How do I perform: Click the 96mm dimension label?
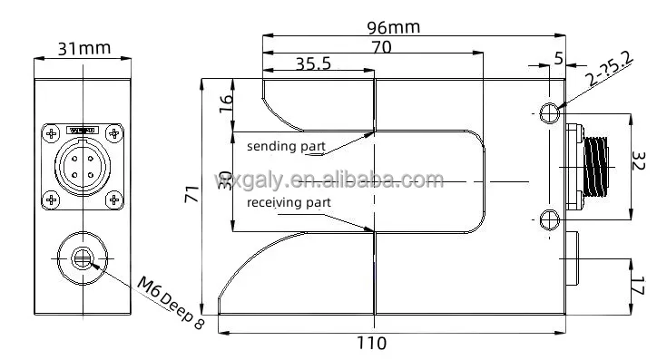(393, 26)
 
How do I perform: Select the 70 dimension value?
(381, 48)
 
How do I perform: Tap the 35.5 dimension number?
(314, 63)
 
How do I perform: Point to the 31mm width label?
(83, 49)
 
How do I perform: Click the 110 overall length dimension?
(370, 343)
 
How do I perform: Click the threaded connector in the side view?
(596, 165)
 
